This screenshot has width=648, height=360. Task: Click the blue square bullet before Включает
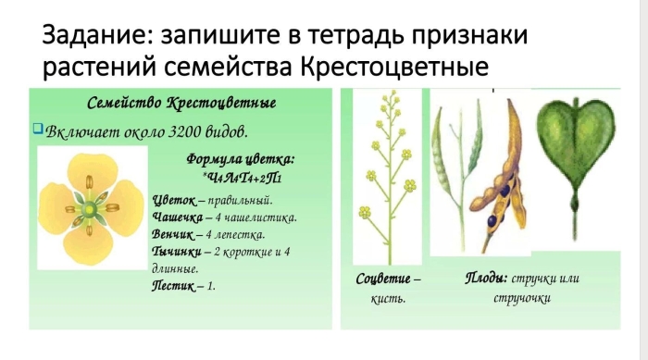click(38, 128)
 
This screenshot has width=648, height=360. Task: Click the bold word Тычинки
click(177, 252)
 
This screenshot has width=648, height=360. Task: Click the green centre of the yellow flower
click(89, 210)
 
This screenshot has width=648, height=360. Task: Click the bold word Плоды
click(486, 278)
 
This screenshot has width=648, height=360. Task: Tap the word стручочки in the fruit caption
click(522, 298)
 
